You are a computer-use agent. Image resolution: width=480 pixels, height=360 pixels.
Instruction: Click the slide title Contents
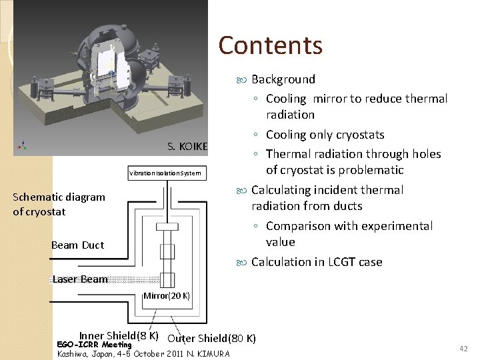(270, 45)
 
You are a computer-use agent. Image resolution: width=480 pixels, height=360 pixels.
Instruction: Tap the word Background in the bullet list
(283, 79)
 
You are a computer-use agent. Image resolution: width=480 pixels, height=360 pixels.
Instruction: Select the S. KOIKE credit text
(187, 147)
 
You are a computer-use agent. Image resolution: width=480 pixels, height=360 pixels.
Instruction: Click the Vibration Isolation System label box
(165, 173)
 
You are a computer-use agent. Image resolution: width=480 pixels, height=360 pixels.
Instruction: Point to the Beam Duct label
(77, 245)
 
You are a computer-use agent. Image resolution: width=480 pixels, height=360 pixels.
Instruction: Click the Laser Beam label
(79, 279)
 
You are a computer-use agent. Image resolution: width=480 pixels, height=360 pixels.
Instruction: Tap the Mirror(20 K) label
(167, 295)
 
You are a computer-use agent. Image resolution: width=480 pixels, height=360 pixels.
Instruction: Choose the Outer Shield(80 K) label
(211, 338)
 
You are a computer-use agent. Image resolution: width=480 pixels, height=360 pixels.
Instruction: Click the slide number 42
(463, 349)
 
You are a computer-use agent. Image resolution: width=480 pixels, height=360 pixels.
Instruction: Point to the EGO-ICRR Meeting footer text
(94, 345)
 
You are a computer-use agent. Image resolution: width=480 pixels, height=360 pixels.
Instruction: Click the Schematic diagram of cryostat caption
(59, 204)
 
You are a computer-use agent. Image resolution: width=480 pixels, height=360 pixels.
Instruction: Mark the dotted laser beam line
(133, 280)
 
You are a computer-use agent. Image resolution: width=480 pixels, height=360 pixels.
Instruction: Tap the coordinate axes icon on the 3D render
(23, 145)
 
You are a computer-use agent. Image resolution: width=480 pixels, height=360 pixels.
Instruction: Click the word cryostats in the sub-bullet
(359, 135)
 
